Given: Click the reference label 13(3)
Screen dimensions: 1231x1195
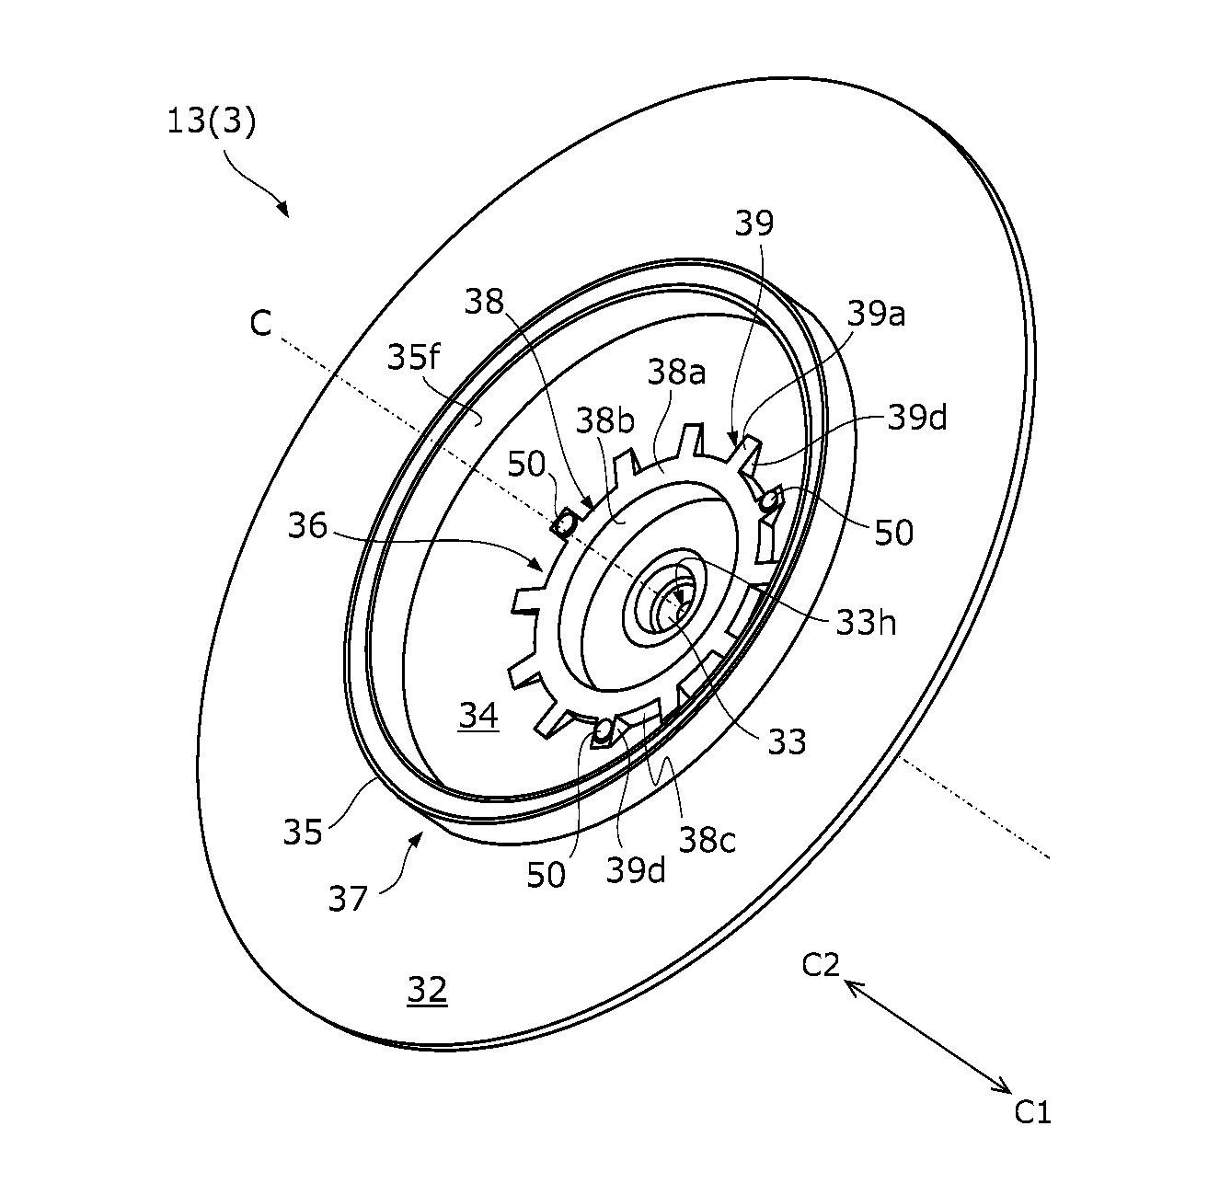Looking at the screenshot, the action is [x=212, y=121].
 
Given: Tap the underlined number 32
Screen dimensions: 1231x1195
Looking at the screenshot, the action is [x=427, y=990].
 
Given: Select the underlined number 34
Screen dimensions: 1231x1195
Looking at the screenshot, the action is [x=478, y=716].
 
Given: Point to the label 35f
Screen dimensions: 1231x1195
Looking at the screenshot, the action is [x=413, y=357].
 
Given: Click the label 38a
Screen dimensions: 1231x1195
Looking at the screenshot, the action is [x=676, y=372].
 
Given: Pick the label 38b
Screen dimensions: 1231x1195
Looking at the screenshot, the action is [x=604, y=420].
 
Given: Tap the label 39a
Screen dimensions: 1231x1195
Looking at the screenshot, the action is [x=876, y=314].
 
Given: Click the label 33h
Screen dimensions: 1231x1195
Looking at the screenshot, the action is [x=866, y=623].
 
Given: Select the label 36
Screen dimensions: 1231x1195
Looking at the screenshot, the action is [x=307, y=525].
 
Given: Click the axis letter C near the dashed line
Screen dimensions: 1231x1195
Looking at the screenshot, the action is [x=260, y=323].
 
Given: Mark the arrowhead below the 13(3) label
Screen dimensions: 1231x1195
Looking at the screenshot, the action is [x=283, y=209].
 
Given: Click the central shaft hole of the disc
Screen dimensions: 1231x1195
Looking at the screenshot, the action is [x=671, y=610].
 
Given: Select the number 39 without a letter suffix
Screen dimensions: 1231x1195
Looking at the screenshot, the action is [x=754, y=223].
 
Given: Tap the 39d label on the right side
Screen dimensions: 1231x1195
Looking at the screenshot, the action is [x=917, y=418].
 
